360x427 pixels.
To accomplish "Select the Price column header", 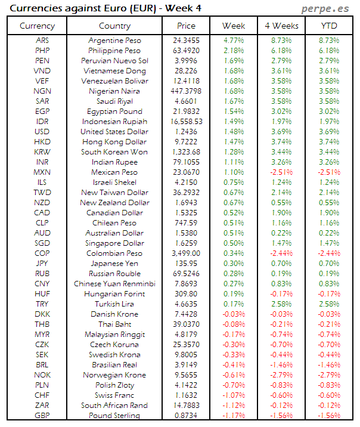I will (x=186, y=26).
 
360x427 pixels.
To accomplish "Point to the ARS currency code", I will (x=42, y=41).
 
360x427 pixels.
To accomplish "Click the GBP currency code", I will (x=42, y=416).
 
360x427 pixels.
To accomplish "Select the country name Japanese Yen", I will (x=114, y=264).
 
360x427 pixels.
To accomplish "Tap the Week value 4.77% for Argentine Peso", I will (x=233, y=41).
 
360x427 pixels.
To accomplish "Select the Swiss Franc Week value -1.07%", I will (x=233, y=395).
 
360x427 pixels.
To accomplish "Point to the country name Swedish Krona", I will (x=114, y=355).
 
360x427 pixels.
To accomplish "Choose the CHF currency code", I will (x=42, y=395).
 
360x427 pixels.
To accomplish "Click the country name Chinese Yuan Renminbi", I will (x=114, y=284).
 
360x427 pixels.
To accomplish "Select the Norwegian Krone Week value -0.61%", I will (x=233, y=375).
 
